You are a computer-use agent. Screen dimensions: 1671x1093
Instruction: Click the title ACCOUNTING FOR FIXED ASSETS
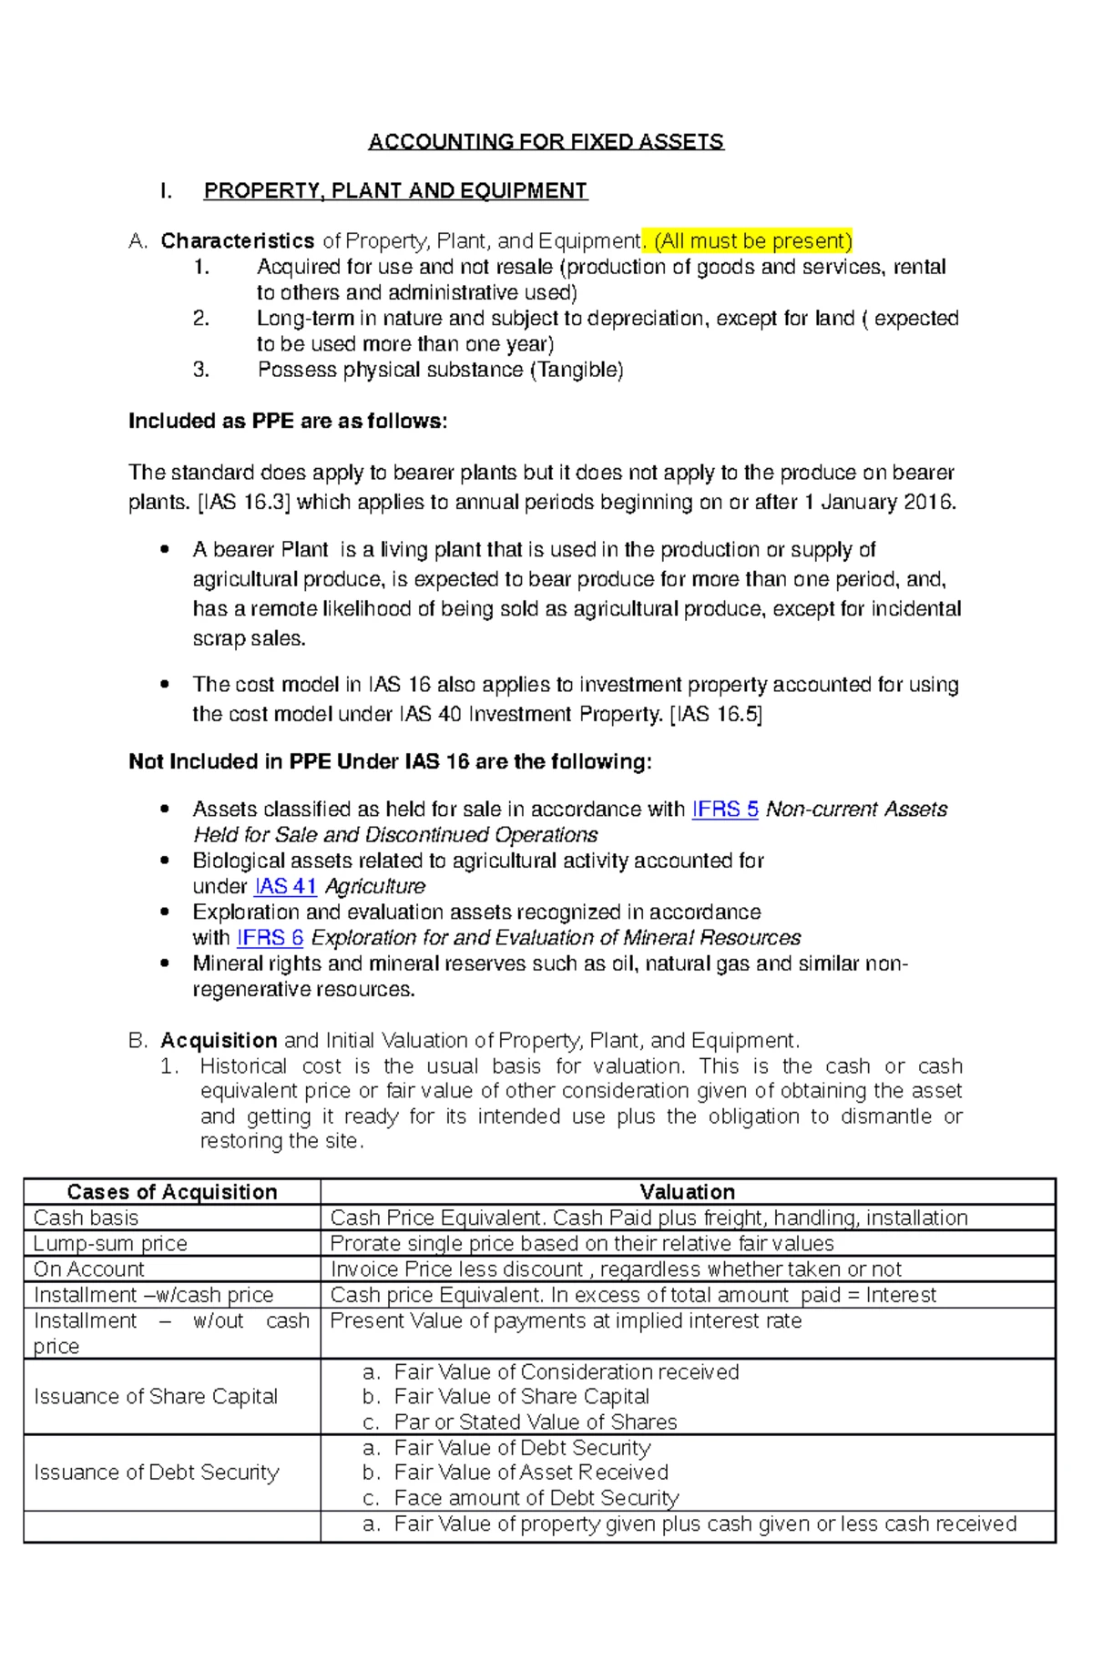[546, 142]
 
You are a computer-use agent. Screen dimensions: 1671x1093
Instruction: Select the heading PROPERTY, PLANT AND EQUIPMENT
[395, 191]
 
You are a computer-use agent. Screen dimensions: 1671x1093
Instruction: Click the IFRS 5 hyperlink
[725, 810]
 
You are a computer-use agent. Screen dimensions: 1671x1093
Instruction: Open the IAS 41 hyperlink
[285, 887]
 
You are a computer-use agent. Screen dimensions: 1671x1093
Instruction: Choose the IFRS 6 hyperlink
[270, 938]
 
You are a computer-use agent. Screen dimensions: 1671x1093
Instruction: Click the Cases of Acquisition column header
[172, 1192]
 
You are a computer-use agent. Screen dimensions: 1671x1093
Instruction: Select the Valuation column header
[687, 1192]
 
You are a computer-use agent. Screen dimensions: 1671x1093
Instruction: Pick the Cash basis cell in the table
[87, 1218]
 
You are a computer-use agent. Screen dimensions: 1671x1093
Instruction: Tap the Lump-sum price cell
[110, 1244]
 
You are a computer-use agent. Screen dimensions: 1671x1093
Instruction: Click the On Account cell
[89, 1269]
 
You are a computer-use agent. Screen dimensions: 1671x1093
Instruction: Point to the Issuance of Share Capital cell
[156, 1397]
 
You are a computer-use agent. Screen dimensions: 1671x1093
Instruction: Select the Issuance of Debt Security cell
[157, 1472]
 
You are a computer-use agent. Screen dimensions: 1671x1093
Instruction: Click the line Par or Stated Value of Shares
[536, 1422]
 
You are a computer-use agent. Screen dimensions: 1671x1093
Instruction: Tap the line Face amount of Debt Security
[536, 1498]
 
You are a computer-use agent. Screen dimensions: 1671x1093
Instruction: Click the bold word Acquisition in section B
[219, 1041]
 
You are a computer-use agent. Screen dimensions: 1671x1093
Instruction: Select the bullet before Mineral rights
[165, 963]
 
